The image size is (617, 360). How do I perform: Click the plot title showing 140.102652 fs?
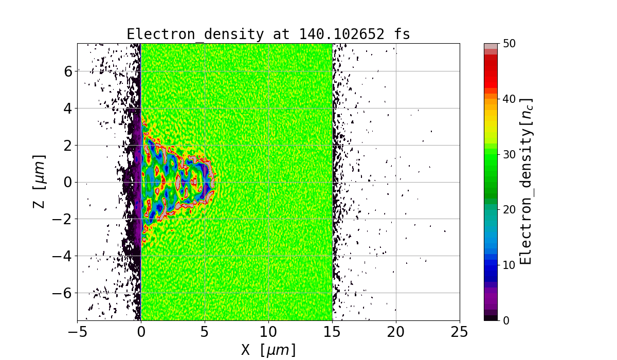tap(268, 34)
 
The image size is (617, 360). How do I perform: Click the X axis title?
tap(268, 350)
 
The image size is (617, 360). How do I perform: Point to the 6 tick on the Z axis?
tap(68, 71)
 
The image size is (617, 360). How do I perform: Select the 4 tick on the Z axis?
tap(68, 108)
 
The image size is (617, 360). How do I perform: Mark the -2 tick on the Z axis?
tap(64, 219)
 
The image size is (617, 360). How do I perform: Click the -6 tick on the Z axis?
tap(64, 293)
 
